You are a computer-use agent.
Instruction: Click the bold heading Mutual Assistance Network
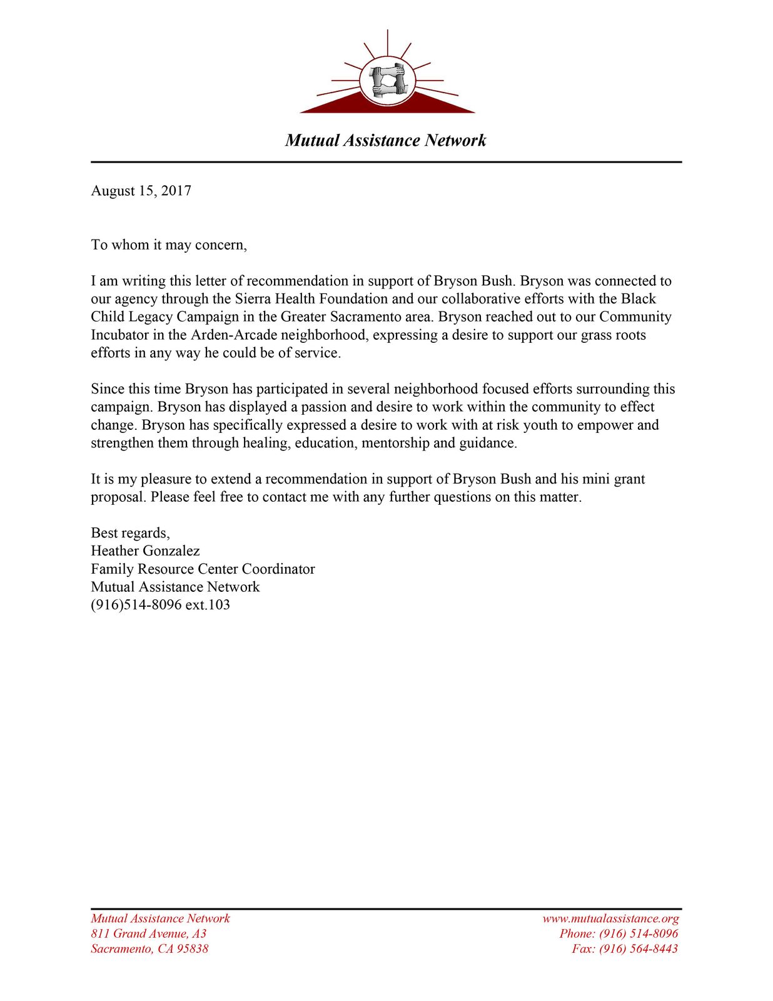pyautogui.click(x=385, y=140)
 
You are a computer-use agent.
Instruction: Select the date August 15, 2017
pyautogui.click(x=141, y=191)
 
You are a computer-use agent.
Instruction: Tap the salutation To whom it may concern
pyautogui.click(x=169, y=245)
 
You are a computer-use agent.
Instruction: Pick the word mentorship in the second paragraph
pyautogui.click(x=396, y=443)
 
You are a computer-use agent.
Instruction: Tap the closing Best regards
pyautogui.click(x=130, y=533)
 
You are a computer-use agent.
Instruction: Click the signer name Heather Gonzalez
pyautogui.click(x=145, y=551)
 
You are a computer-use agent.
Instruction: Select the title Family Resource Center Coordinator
pyautogui.click(x=203, y=569)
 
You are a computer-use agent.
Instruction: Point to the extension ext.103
pyautogui.click(x=208, y=605)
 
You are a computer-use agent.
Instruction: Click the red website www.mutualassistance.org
pyautogui.click(x=610, y=918)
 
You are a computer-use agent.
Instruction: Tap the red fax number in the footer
pyautogui.click(x=625, y=948)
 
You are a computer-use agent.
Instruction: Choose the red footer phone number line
pyautogui.click(x=619, y=933)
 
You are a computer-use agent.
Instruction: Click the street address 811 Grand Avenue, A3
pyautogui.click(x=148, y=933)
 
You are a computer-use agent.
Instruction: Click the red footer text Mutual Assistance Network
pyautogui.click(x=160, y=918)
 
